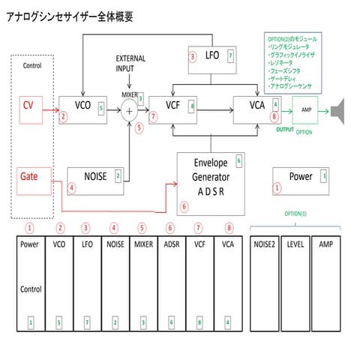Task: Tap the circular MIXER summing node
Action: click(129, 112)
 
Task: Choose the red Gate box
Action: click(29, 178)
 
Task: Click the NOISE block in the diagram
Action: click(94, 178)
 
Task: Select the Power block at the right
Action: click(301, 179)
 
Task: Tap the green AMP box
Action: click(306, 110)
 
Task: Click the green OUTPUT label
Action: click(284, 129)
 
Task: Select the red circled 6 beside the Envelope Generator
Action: click(184, 206)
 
